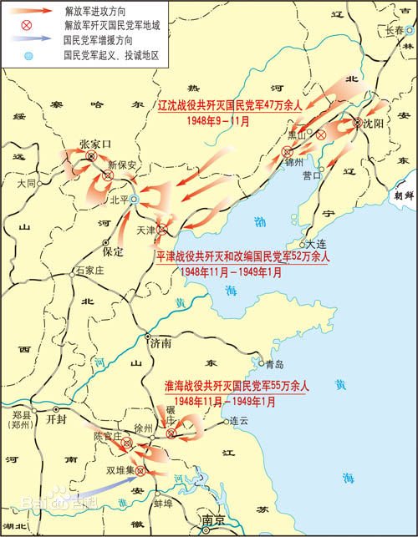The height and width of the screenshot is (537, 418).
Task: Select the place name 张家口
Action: tap(94, 144)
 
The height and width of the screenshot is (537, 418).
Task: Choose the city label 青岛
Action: tap(274, 364)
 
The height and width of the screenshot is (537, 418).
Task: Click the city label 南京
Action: tap(213, 520)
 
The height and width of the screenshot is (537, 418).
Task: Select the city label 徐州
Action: tap(143, 428)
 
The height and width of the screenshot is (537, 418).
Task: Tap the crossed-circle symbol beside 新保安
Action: tap(108, 175)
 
